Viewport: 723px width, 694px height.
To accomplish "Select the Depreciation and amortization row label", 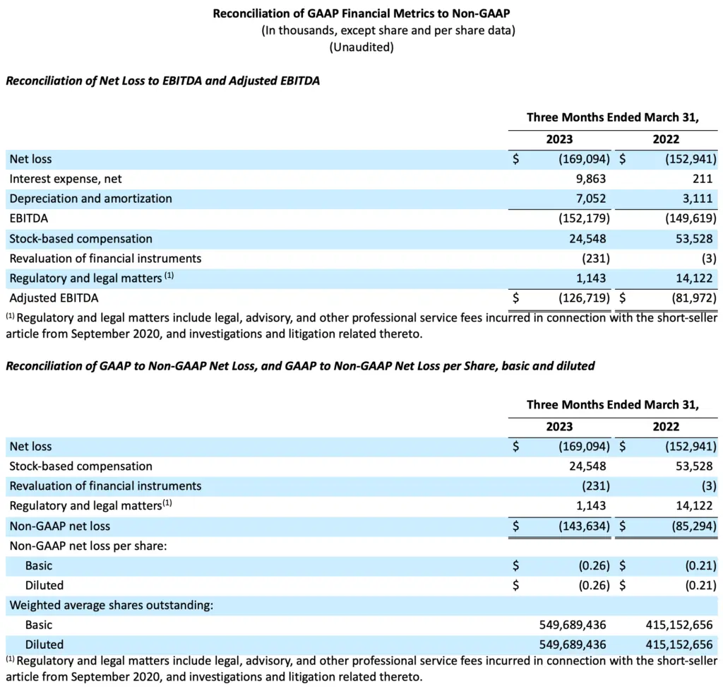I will (90, 199).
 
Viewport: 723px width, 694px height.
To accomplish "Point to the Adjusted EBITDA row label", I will (54, 298).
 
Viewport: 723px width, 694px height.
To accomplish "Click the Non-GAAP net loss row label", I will (60, 526).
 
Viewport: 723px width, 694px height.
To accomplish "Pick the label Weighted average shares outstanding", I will (112, 605).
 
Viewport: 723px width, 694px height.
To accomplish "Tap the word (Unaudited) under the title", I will (361, 47).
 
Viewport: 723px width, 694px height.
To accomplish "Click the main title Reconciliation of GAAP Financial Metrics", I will (361, 14).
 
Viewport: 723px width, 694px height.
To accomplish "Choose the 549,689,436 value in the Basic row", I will (572, 625).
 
